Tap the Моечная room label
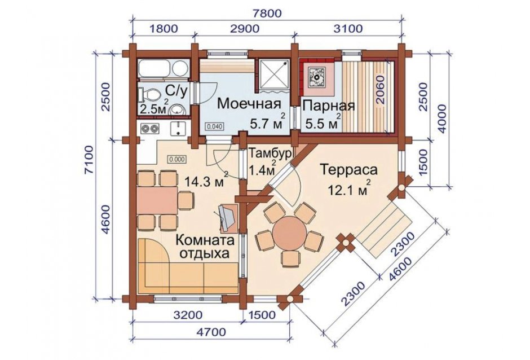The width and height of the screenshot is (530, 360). [x=249, y=103]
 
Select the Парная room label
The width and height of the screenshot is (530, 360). [x=328, y=106]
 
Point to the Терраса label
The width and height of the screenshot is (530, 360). [x=349, y=169]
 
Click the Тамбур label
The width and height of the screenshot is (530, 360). [x=270, y=153]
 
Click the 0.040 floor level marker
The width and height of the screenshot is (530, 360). [x=214, y=127]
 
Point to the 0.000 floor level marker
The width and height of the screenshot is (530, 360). [x=177, y=159]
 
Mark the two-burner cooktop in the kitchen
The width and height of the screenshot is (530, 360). [x=150, y=128]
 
